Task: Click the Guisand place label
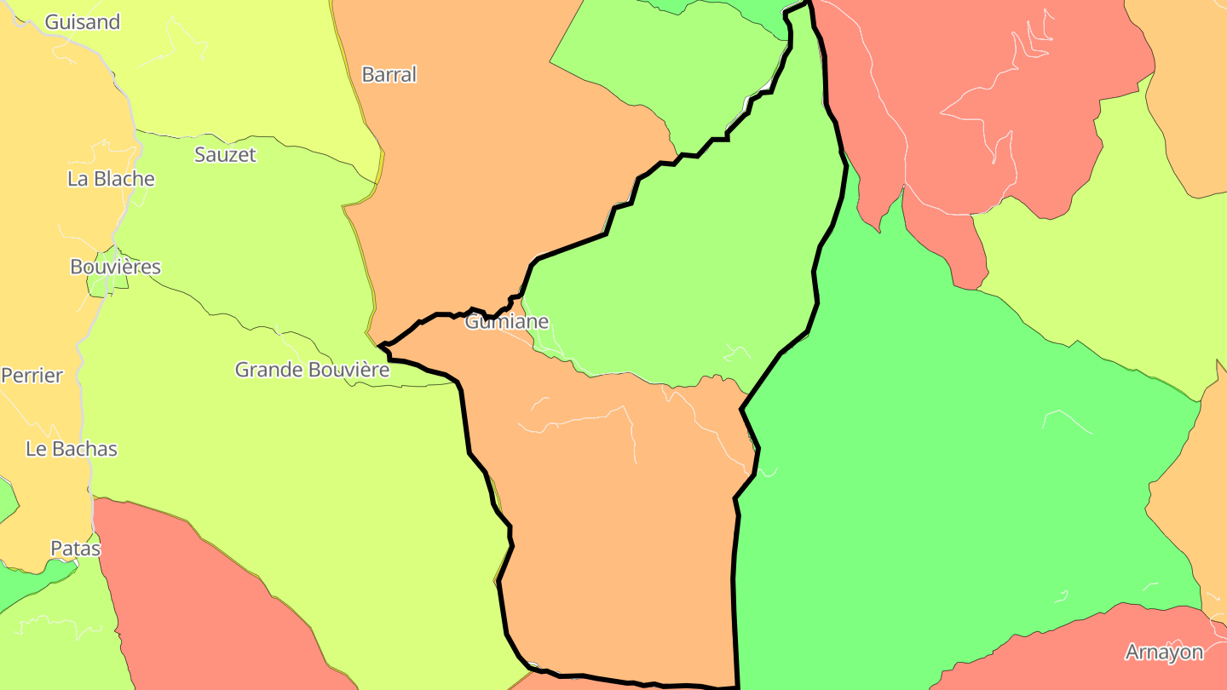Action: pyautogui.click(x=82, y=22)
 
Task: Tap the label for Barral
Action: pyautogui.click(x=389, y=74)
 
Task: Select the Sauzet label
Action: pyautogui.click(x=225, y=154)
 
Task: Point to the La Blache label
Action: pyautogui.click(x=111, y=179)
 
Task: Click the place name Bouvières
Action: pyautogui.click(x=115, y=267)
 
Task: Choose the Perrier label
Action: pyautogui.click(x=32, y=375)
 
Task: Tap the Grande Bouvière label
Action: pyautogui.click(x=312, y=370)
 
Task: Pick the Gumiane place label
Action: pyautogui.click(x=506, y=321)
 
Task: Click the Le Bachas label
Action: pyautogui.click(x=72, y=449)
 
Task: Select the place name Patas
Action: pyautogui.click(x=75, y=549)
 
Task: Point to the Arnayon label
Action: pyautogui.click(x=1164, y=653)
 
